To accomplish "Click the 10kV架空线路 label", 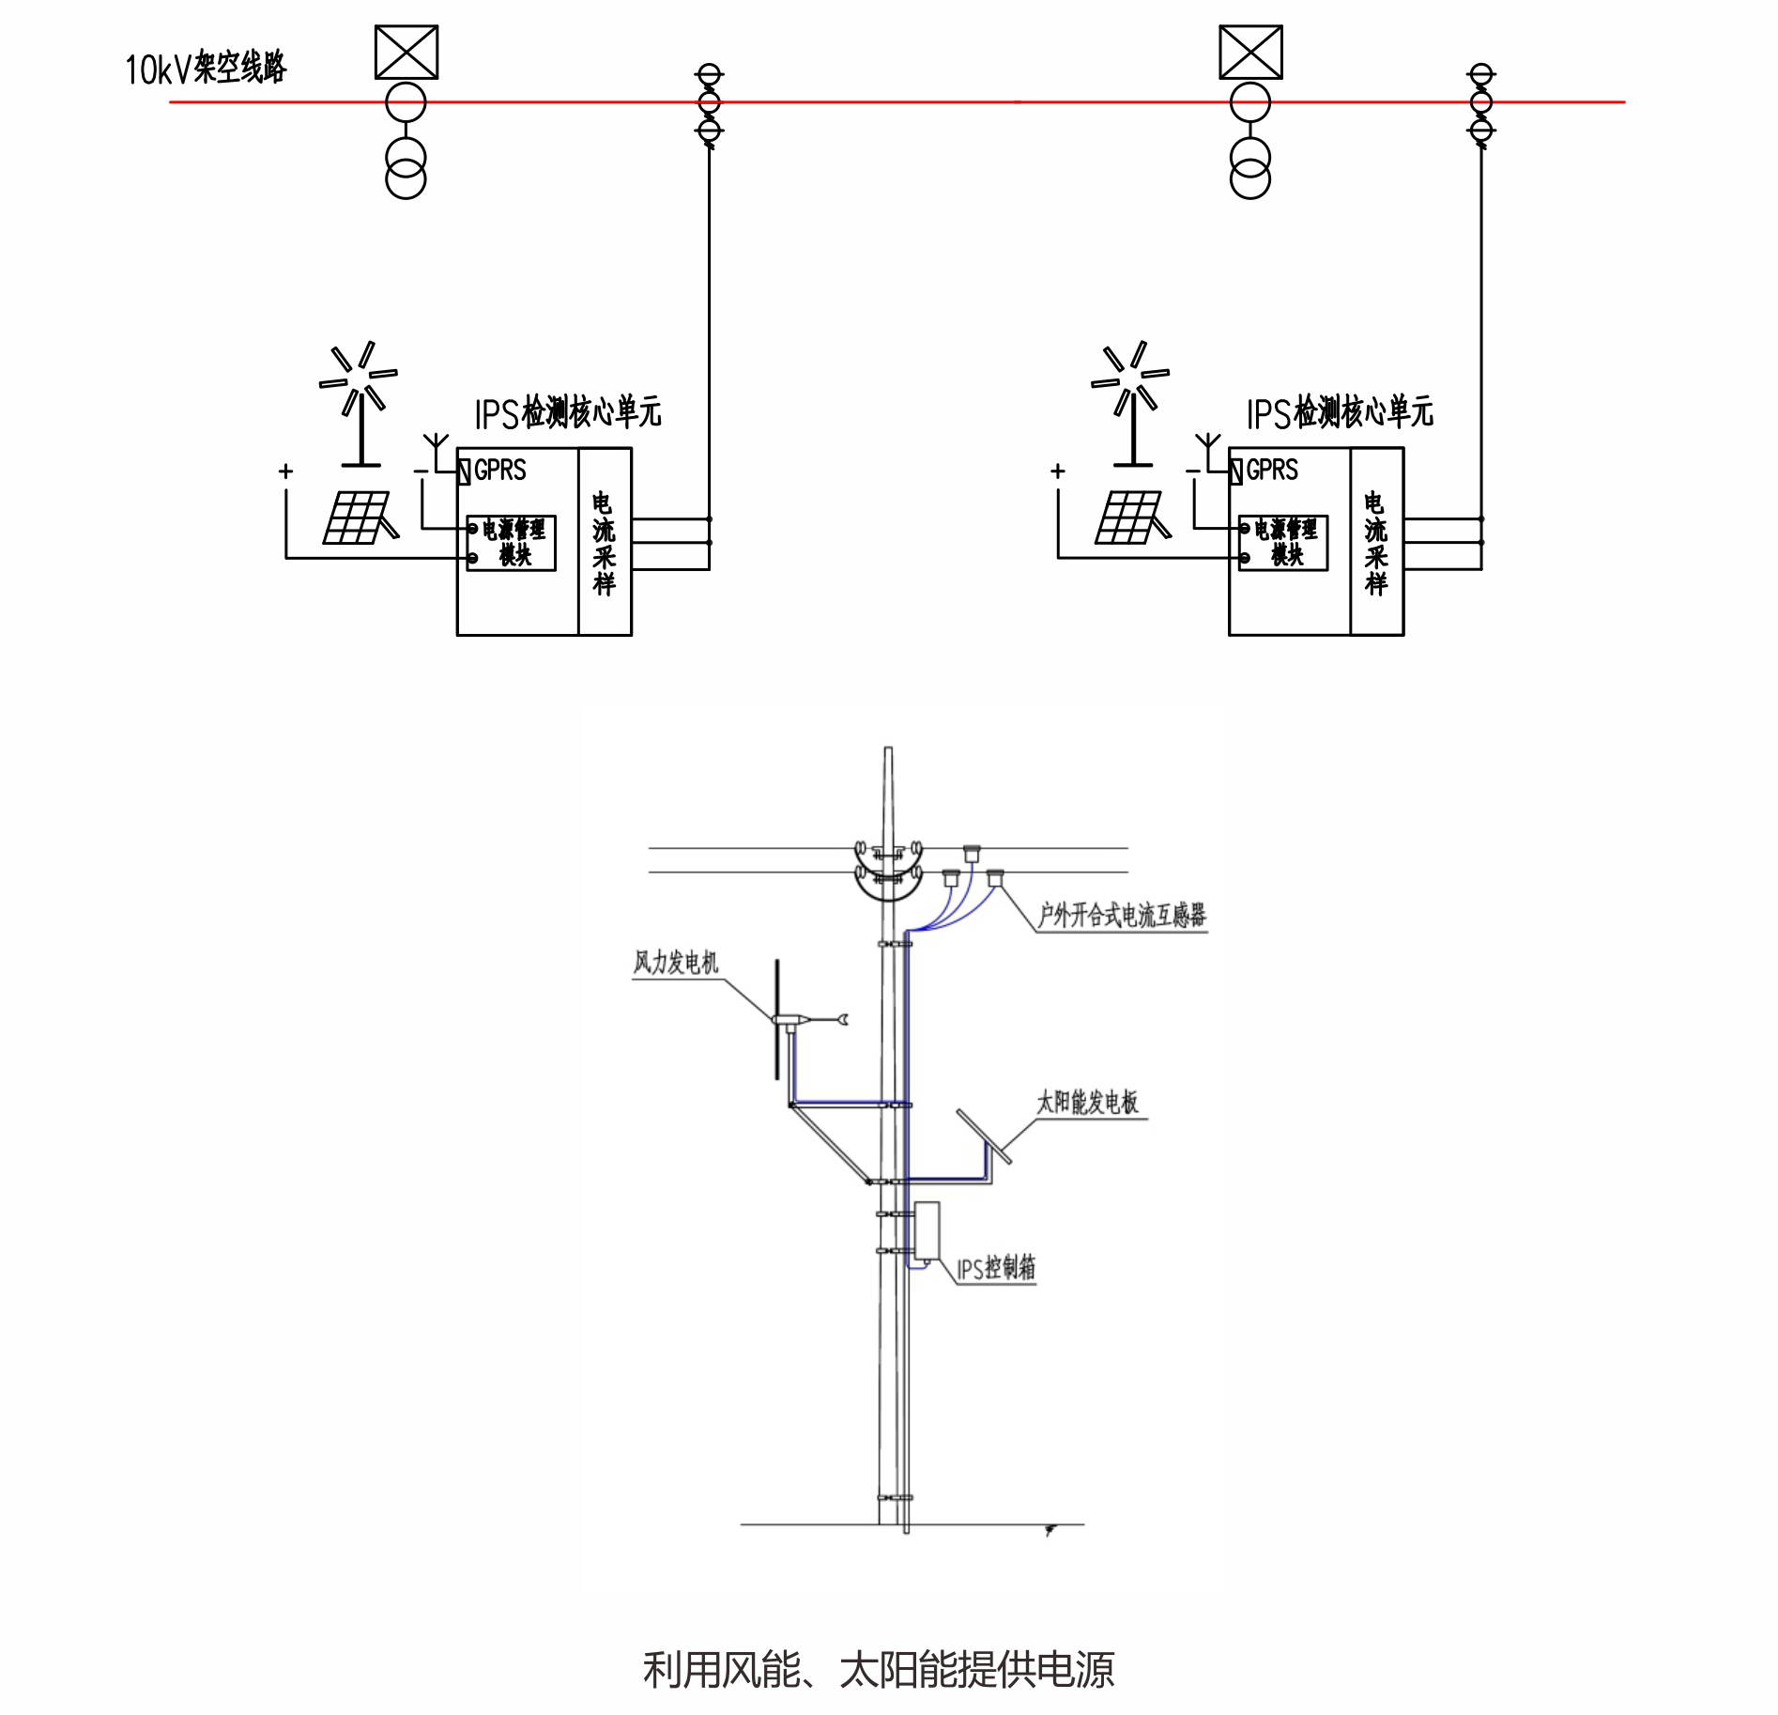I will click(x=206, y=68).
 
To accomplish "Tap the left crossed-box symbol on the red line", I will click(x=406, y=53).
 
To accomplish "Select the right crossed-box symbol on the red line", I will click(x=1250, y=53).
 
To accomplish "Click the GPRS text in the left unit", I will click(x=499, y=470).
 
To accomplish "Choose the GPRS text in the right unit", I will click(x=1272, y=470).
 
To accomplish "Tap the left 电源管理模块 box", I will click(x=512, y=543).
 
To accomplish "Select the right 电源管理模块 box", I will click(x=1283, y=543).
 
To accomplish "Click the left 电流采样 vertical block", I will click(x=604, y=542).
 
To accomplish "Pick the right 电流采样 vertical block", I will click(x=1376, y=542).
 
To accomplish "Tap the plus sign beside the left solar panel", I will click(x=285, y=471).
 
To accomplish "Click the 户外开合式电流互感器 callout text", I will click(x=1121, y=915).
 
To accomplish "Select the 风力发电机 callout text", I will click(x=675, y=963).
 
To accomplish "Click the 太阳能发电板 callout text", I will click(x=1087, y=1103).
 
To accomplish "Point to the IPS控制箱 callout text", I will click(x=995, y=1268).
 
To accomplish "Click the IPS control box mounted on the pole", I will click(x=927, y=1231).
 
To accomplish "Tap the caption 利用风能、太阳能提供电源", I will click(x=879, y=1668).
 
